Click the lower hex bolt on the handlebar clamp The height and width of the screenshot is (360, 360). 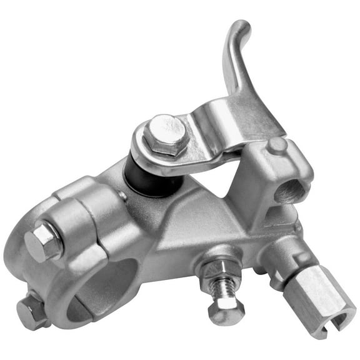pyautogui.click(x=31, y=311)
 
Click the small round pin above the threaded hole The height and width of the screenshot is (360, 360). pyautogui.click(x=277, y=146)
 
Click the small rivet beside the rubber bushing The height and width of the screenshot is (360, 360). pyautogui.click(x=124, y=196)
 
